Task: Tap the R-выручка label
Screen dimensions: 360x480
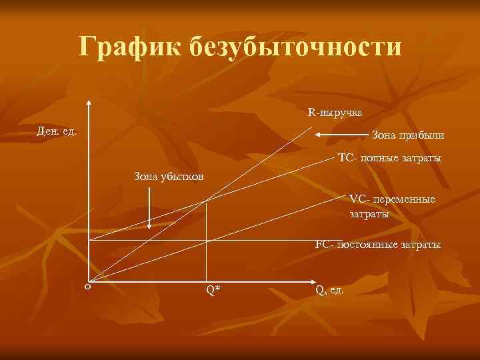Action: [x=335, y=112]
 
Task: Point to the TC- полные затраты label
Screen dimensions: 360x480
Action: [x=389, y=159]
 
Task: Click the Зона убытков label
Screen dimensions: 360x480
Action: [x=169, y=177]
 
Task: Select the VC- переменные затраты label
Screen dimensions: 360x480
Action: [x=392, y=206]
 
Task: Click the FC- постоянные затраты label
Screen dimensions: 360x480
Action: [x=378, y=245]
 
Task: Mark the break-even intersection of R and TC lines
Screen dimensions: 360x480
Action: [x=206, y=200]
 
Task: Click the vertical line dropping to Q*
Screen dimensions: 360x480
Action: [x=206, y=253]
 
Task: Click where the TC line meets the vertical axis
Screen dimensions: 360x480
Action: [x=88, y=239]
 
